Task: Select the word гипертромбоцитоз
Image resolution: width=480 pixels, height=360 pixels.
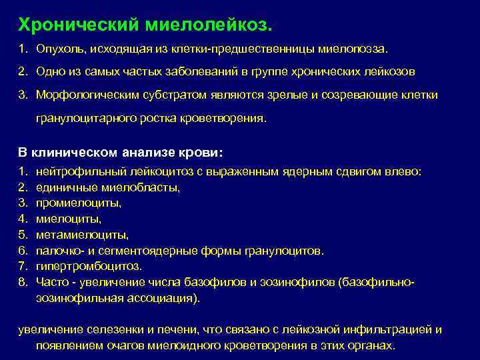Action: pyautogui.click(x=89, y=267)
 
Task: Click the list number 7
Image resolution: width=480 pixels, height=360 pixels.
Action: pyautogui.click(x=21, y=267)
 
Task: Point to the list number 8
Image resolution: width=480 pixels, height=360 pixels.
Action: pyautogui.click(x=21, y=283)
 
